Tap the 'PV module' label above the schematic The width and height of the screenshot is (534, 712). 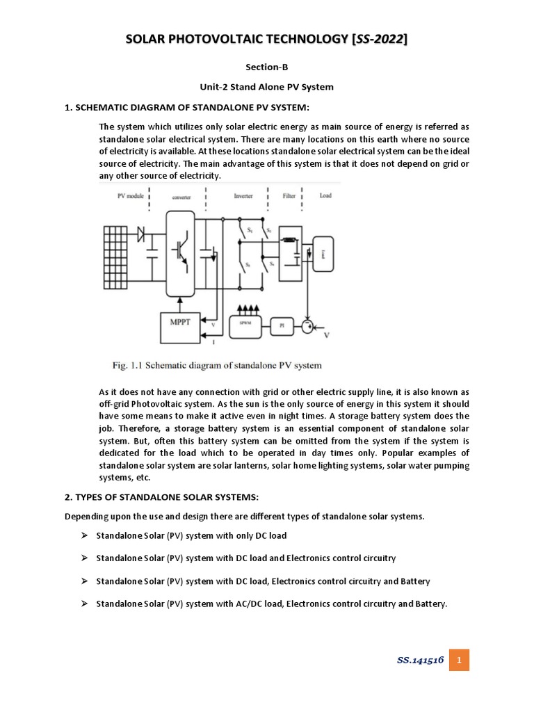130,196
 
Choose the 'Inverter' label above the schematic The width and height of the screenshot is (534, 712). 244,196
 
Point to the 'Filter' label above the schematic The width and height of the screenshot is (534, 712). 289,196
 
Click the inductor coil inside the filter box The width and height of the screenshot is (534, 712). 286,241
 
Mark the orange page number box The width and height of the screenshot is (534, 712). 459,659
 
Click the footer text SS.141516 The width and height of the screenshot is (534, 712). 421,659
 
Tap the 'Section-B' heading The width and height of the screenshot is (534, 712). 267,67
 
